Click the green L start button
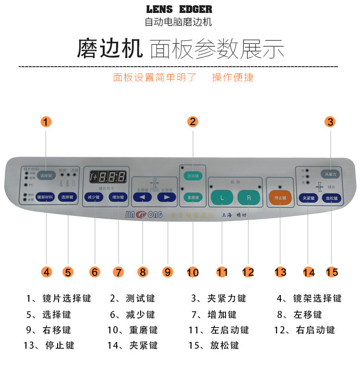[222, 197]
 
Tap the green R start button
[248, 197]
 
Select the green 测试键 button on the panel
[193, 176]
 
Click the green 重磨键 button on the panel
[193, 197]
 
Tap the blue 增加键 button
[118, 197]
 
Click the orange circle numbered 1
[46, 122]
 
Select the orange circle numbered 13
[280, 272]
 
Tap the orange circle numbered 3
[330, 122]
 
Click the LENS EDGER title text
[179, 10]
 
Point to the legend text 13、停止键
[49, 345]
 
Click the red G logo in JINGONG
[142, 215]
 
